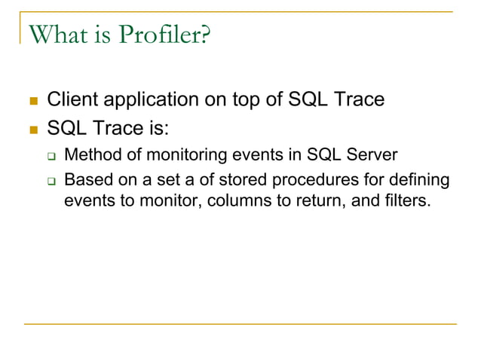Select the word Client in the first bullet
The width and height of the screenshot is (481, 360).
click(71, 99)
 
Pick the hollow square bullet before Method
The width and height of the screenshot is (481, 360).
click(52, 157)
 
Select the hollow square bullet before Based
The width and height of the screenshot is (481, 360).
click(52, 182)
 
